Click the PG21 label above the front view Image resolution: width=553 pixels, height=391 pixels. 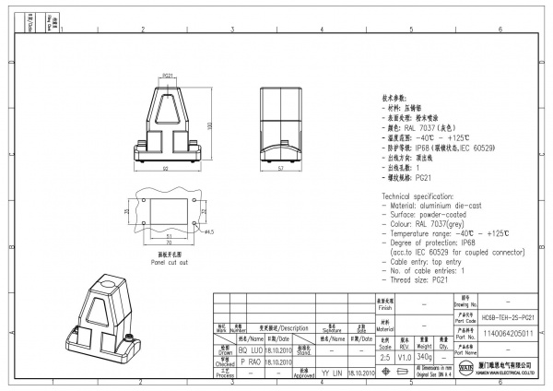coord(169,76)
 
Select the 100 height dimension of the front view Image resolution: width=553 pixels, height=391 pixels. coord(211,126)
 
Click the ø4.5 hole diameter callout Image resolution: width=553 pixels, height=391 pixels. coord(208,232)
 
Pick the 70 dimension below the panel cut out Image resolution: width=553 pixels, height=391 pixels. coord(169,244)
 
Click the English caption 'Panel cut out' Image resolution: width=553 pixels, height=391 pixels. coord(170,262)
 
